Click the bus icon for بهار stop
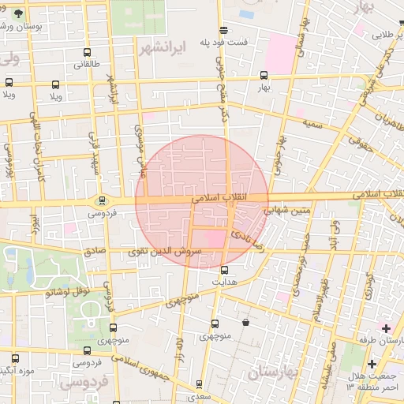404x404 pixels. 264,77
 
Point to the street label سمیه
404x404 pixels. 314,124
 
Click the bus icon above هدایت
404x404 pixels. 223,269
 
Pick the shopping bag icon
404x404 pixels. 246,322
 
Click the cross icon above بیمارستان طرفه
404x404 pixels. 386,327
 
